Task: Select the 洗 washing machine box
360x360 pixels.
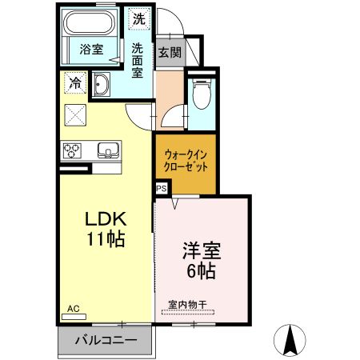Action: [140, 18]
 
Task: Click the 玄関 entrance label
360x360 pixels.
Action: [169, 53]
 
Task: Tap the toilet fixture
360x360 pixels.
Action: [201, 94]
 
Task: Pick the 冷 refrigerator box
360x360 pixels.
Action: [76, 82]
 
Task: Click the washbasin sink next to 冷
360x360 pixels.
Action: [102, 85]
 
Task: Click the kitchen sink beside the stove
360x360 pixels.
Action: [107, 149]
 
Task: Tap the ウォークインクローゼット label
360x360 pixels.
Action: [185, 162]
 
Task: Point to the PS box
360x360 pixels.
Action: [161, 188]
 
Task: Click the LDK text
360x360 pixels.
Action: [104, 218]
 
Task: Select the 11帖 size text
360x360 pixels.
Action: [105, 238]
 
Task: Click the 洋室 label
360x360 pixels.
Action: [201, 250]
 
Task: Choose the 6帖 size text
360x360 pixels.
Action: [201, 270]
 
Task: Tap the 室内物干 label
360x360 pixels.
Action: [186, 304]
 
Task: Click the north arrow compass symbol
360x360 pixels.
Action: [293, 342]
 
